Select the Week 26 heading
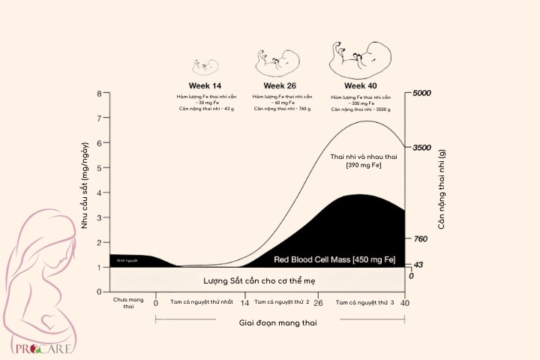[x=280, y=85]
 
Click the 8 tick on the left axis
[x=99, y=94]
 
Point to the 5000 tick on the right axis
[x=421, y=94]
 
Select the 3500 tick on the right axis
[x=421, y=148]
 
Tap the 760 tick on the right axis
[x=419, y=239]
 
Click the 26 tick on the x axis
[x=317, y=304]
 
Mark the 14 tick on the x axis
[x=244, y=304]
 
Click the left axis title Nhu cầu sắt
[x=85, y=184]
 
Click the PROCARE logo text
[x=36, y=349]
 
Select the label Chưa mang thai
[x=128, y=303]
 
